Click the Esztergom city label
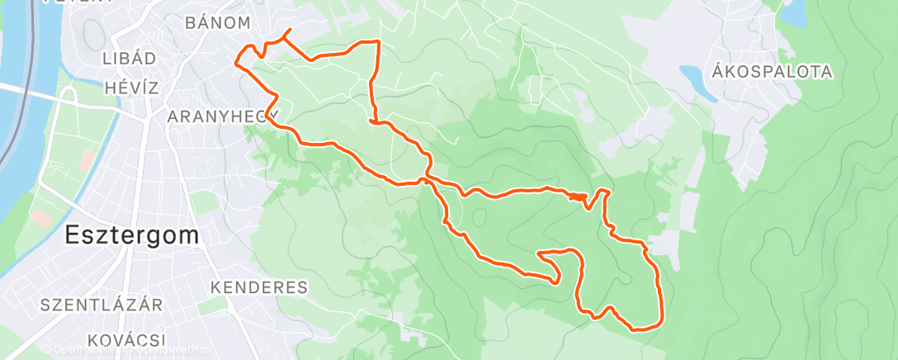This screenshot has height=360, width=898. [x=132, y=235]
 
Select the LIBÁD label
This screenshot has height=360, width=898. [x=129, y=59]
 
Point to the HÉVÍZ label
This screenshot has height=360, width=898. [x=131, y=88]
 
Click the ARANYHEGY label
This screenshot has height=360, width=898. [x=224, y=116]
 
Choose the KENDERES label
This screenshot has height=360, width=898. [x=259, y=287]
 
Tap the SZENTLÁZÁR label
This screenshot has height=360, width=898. [x=102, y=305]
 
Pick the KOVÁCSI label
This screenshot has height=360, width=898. [x=126, y=339]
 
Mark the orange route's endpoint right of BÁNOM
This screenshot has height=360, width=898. [x=288, y=31]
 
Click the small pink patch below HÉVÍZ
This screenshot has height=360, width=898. [x=85, y=161]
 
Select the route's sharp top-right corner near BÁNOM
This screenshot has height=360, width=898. [x=378, y=41]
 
